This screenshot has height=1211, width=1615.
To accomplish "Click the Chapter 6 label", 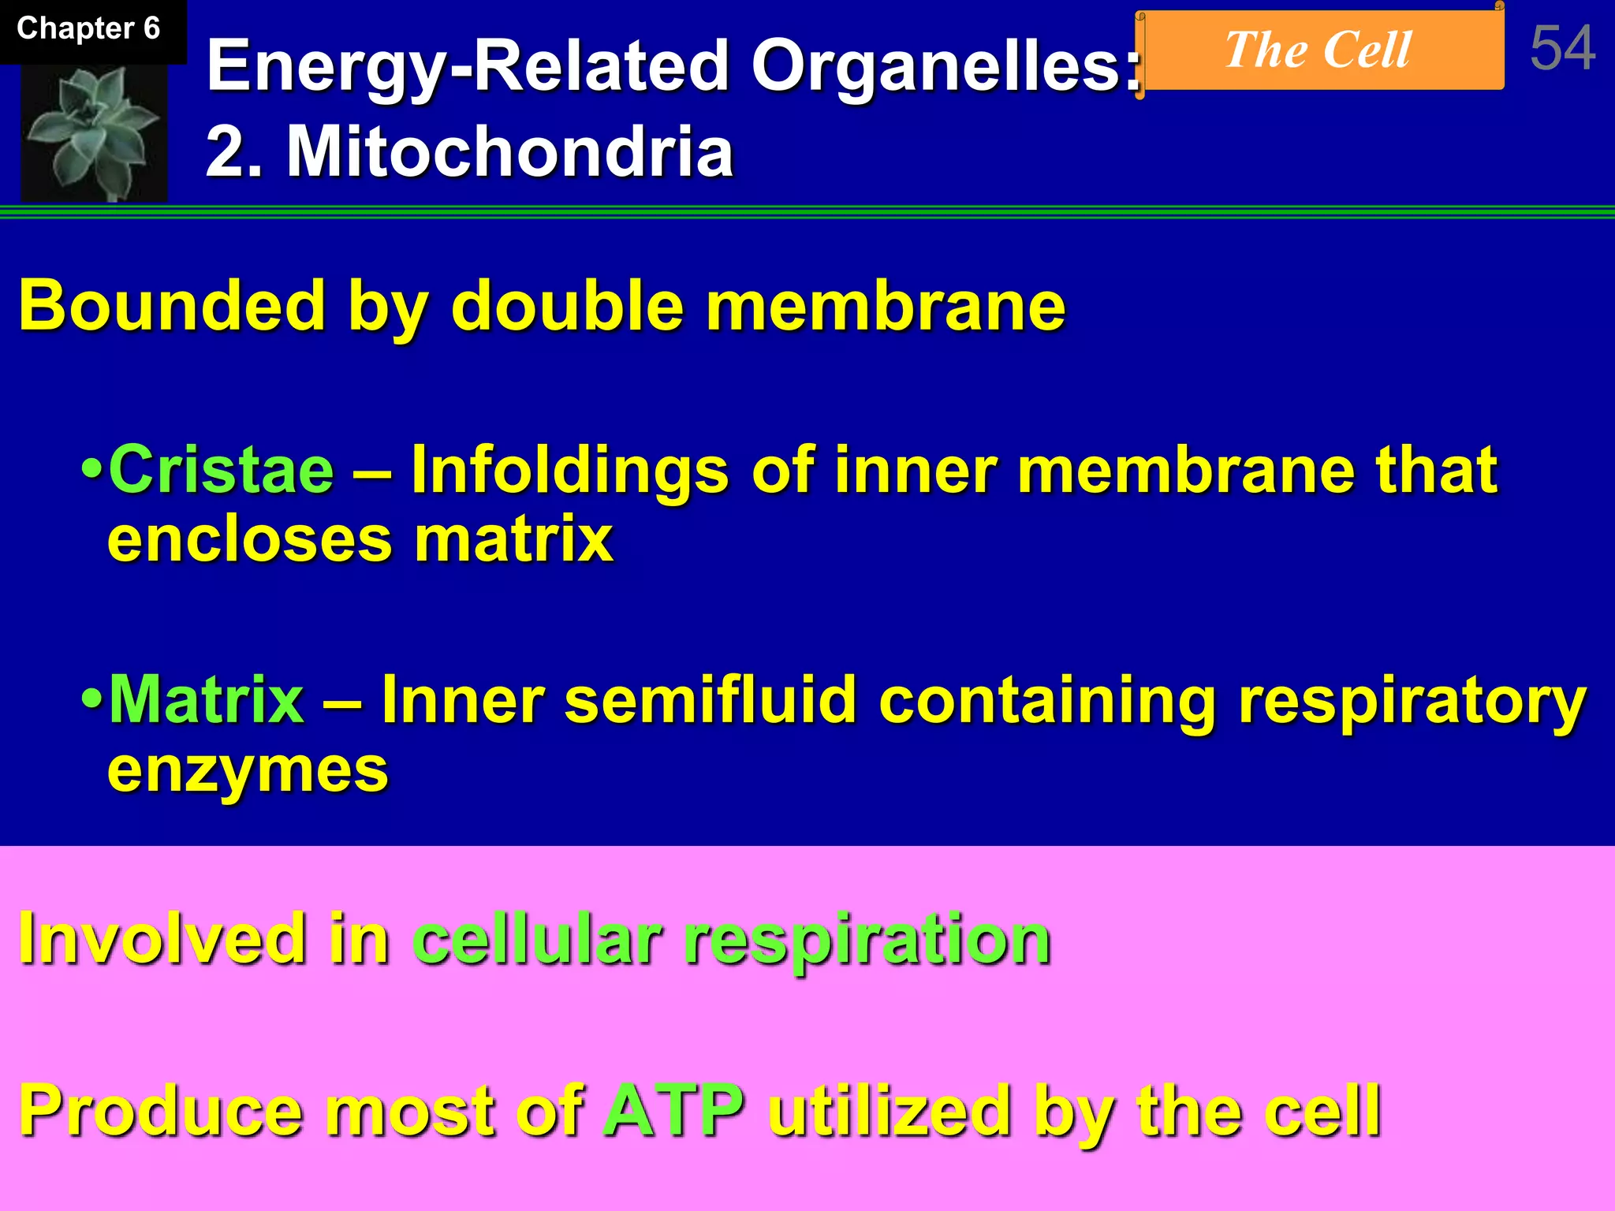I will [88, 29].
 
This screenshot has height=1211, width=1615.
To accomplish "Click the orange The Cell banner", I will [1318, 50].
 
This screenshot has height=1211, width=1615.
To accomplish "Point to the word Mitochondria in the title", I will [509, 151].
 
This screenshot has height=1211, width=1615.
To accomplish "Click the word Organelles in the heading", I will [946, 66].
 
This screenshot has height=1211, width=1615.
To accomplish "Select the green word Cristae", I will [222, 470].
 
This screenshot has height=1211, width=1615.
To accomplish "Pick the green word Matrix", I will [207, 699].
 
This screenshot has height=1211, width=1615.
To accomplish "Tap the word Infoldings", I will [570, 471].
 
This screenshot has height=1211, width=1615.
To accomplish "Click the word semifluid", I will [711, 699].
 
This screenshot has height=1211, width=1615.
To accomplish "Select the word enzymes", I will [248, 771].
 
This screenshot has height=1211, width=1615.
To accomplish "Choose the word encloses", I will [249, 541].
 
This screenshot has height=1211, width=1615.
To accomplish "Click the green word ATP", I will [674, 1110].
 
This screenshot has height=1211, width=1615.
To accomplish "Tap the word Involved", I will [162, 938].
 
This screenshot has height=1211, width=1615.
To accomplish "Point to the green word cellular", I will [537, 938].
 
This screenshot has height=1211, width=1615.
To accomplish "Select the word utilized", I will [890, 1110].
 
